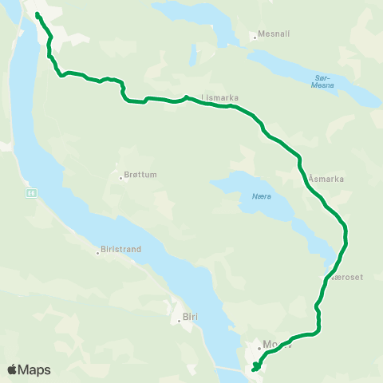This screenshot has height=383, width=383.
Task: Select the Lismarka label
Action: click(x=221, y=98)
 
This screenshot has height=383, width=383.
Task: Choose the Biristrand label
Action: click(x=123, y=249)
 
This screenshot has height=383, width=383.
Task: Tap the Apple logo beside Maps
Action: click(x=12, y=369)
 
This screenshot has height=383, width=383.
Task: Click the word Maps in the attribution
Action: click(x=34, y=370)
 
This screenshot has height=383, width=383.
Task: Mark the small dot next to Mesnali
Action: click(x=254, y=36)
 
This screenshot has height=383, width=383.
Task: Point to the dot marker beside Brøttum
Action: click(x=120, y=177)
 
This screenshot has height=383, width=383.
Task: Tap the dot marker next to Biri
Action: click(x=180, y=322)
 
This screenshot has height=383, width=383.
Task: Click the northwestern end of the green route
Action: click(x=38, y=14)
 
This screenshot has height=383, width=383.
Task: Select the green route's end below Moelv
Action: click(x=254, y=369)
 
